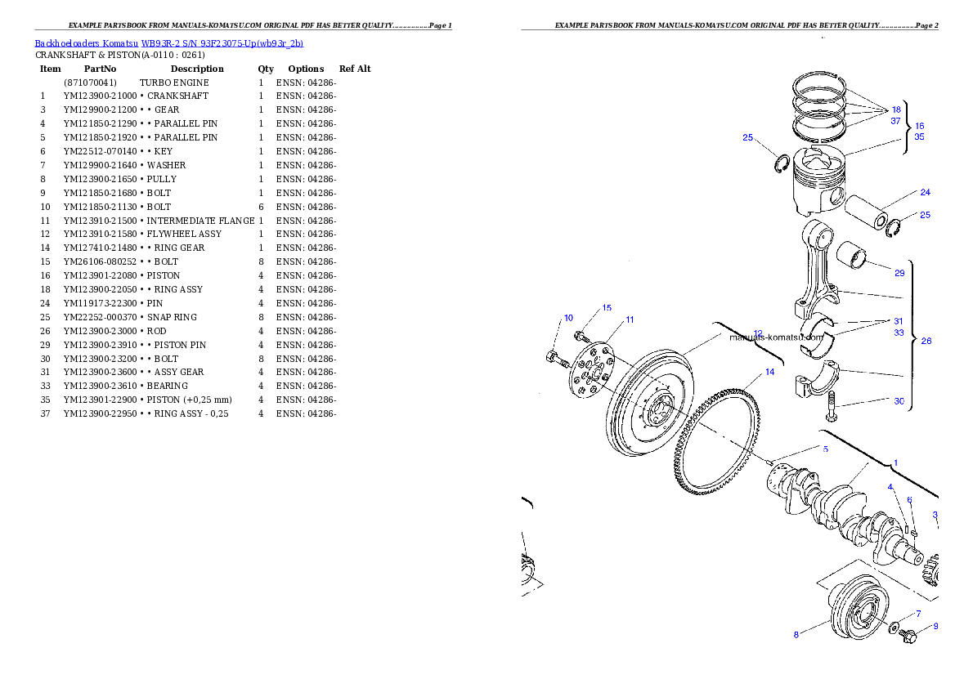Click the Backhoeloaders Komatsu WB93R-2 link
(168, 43)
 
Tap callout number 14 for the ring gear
(769, 373)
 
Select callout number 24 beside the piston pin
(925, 193)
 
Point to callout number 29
(899, 272)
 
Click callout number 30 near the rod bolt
(899, 401)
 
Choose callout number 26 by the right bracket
(926, 342)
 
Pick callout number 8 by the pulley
(796, 635)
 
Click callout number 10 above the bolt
(568, 318)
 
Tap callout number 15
(607, 308)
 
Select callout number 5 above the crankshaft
(825, 449)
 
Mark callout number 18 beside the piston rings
(896, 109)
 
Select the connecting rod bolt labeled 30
(832, 406)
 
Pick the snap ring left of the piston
(781, 164)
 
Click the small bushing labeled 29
(856, 257)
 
